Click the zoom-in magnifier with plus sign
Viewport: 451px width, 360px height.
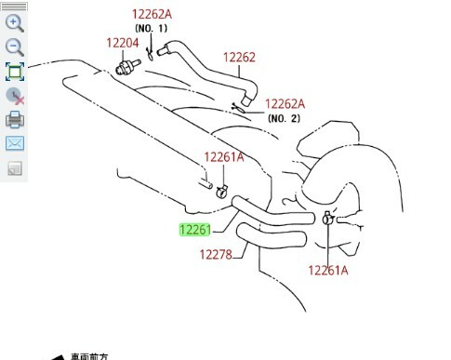(x=14, y=22)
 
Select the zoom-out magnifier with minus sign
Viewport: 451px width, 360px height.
(x=14, y=47)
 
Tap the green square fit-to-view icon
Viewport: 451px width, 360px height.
(x=14, y=72)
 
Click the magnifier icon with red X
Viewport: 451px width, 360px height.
(x=14, y=96)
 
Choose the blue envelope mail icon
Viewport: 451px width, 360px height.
(x=14, y=143)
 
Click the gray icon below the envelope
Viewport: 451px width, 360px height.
(x=14, y=168)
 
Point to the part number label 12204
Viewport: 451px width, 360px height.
(x=122, y=43)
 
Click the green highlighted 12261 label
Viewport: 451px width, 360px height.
(x=196, y=230)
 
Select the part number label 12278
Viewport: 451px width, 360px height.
(x=216, y=254)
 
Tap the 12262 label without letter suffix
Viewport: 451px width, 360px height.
(x=239, y=57)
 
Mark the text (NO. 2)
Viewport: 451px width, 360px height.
(x=285, y=118)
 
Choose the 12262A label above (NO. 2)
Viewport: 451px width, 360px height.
(x=285, y=104)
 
